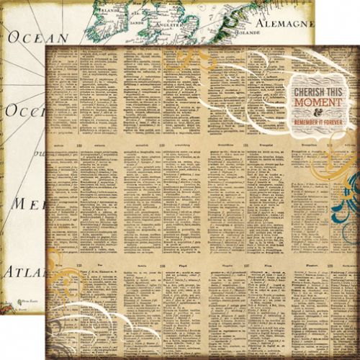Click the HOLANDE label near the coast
[250, 32]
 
